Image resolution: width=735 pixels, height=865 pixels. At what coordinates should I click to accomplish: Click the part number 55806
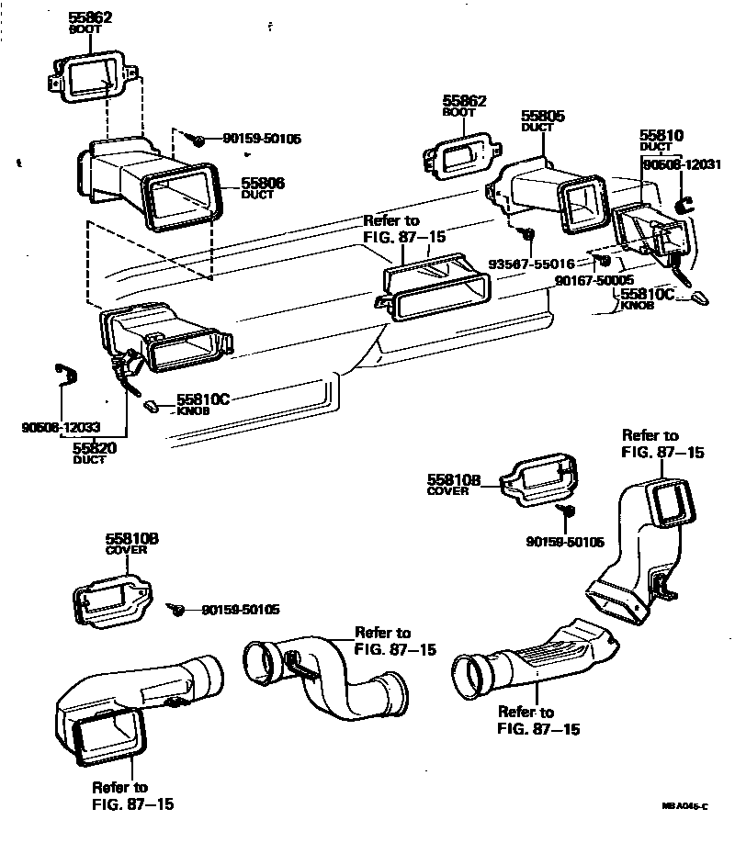tap(263, 184)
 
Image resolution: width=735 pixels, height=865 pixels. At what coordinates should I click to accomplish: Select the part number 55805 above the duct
tap(543, 117)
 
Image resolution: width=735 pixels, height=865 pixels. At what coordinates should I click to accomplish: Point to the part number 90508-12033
tap(61, 427)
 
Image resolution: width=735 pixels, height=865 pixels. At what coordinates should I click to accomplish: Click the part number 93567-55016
tap(532, 264)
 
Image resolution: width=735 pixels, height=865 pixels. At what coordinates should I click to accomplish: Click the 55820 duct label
tap(95, 447)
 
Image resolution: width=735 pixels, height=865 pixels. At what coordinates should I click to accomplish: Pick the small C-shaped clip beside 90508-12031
tap(682, 205)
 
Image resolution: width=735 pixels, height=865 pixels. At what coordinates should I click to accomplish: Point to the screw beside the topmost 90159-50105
tap(198, 140)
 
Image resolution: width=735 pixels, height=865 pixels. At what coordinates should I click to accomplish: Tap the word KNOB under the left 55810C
tap(194, 410)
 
